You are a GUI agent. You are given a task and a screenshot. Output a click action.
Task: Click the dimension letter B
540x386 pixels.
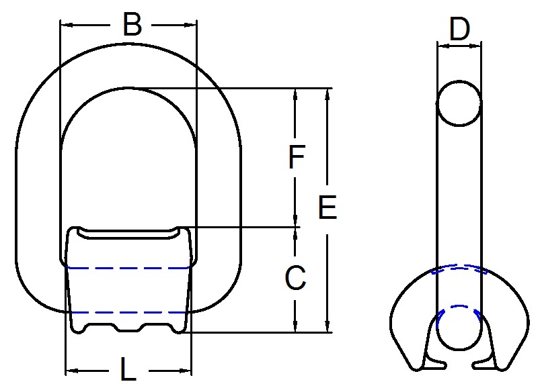tap(132, 26)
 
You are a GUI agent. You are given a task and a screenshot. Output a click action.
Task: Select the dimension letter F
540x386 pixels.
tap(296, 158)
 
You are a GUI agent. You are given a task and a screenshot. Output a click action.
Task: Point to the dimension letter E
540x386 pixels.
tap(327, 208)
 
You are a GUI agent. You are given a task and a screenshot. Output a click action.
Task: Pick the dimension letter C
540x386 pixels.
tap(296, 278)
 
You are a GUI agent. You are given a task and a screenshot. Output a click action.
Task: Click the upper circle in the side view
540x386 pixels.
tap(459, 104)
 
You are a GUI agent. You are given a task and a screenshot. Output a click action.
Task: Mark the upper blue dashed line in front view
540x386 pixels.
tap(128, 269)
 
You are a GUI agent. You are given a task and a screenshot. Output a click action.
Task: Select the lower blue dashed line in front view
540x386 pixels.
tap(128, 312)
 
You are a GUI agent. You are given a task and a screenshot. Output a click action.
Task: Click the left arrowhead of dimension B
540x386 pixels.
tap(65, 26)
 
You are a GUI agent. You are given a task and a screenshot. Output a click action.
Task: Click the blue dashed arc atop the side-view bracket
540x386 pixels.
tap(459, 267)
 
